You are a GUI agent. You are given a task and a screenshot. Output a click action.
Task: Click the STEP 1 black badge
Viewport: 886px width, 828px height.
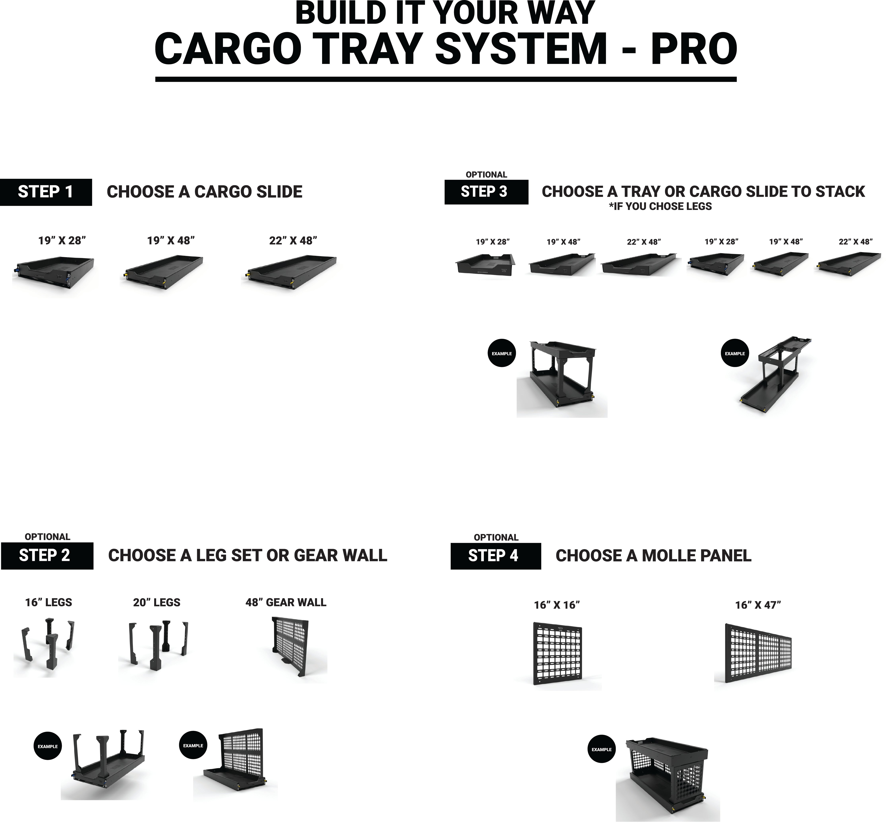point(46,192)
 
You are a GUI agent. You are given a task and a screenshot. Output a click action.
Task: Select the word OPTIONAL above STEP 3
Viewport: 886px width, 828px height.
point(486,175)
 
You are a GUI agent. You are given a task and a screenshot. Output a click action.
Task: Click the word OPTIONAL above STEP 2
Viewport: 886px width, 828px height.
point(47,537)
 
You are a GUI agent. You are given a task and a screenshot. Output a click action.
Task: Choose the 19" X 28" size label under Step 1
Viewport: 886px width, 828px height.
point(62,241)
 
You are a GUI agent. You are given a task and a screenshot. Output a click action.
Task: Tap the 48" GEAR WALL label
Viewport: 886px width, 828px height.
point(286,602)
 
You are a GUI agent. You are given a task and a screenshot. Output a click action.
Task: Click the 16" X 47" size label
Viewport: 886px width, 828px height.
point(758,605)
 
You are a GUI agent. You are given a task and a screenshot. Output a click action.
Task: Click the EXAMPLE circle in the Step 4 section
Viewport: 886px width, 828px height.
point(601,749)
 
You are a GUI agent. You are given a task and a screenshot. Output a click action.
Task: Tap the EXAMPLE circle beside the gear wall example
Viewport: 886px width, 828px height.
point(193,745)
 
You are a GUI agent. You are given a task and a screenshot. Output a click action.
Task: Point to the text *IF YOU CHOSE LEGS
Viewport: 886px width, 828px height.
point(660,206)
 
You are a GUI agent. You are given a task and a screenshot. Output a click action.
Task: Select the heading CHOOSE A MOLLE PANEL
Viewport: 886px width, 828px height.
point(653,556)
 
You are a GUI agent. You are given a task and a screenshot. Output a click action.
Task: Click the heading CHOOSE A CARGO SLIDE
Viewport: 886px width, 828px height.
point(205,192)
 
